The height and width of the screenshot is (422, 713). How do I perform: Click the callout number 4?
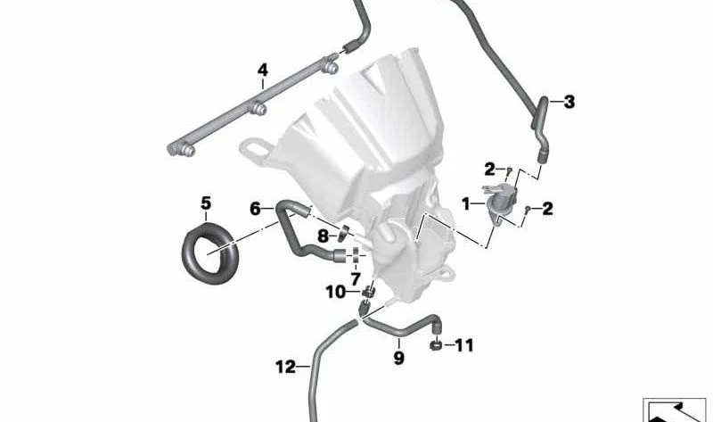(262, 70)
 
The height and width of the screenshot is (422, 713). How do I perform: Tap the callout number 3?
(569, 102)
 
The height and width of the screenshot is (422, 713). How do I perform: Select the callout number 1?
(465, 204)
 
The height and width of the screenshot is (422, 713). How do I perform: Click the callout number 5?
(206, 203)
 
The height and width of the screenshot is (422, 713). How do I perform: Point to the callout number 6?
(256, 209)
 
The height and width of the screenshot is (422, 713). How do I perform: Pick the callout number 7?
(355, 278)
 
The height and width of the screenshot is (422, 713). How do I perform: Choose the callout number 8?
(323, 236)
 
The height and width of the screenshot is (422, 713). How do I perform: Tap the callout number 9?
(398, 358)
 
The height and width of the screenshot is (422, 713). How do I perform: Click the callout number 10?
(336, 292)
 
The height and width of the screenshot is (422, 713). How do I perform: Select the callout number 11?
(464, 345)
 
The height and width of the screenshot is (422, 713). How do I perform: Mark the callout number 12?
(286, 367)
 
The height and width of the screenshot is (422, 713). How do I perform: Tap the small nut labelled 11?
(436, 344)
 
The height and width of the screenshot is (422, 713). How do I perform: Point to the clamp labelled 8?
(343, 233)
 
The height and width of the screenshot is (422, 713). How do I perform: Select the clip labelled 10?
(369, 292)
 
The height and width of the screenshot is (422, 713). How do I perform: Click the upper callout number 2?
(489, 170)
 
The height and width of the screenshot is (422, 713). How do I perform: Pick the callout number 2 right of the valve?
(547, 209)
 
